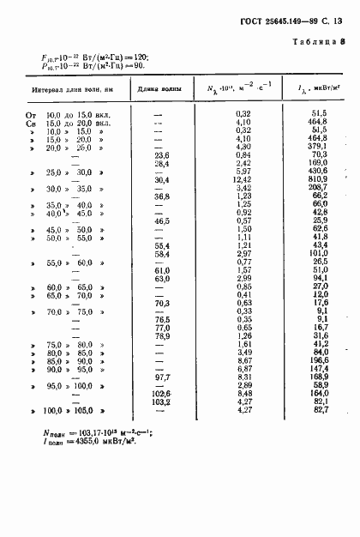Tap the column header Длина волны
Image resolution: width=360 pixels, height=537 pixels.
pyautogui.click(x=158, y=89)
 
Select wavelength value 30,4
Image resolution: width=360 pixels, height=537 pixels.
pyautogui.click(x=161, y=178)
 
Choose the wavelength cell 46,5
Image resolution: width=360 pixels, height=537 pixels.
pyautogui.click(x=161, y=221)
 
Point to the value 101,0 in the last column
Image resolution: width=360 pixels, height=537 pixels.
pyautogui.click(x=320, y=254)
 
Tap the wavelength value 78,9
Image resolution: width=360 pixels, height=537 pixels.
pyautogui.click(x=161, y=335)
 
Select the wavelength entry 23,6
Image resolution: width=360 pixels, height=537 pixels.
pyautogui.click(x=161, y=154)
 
